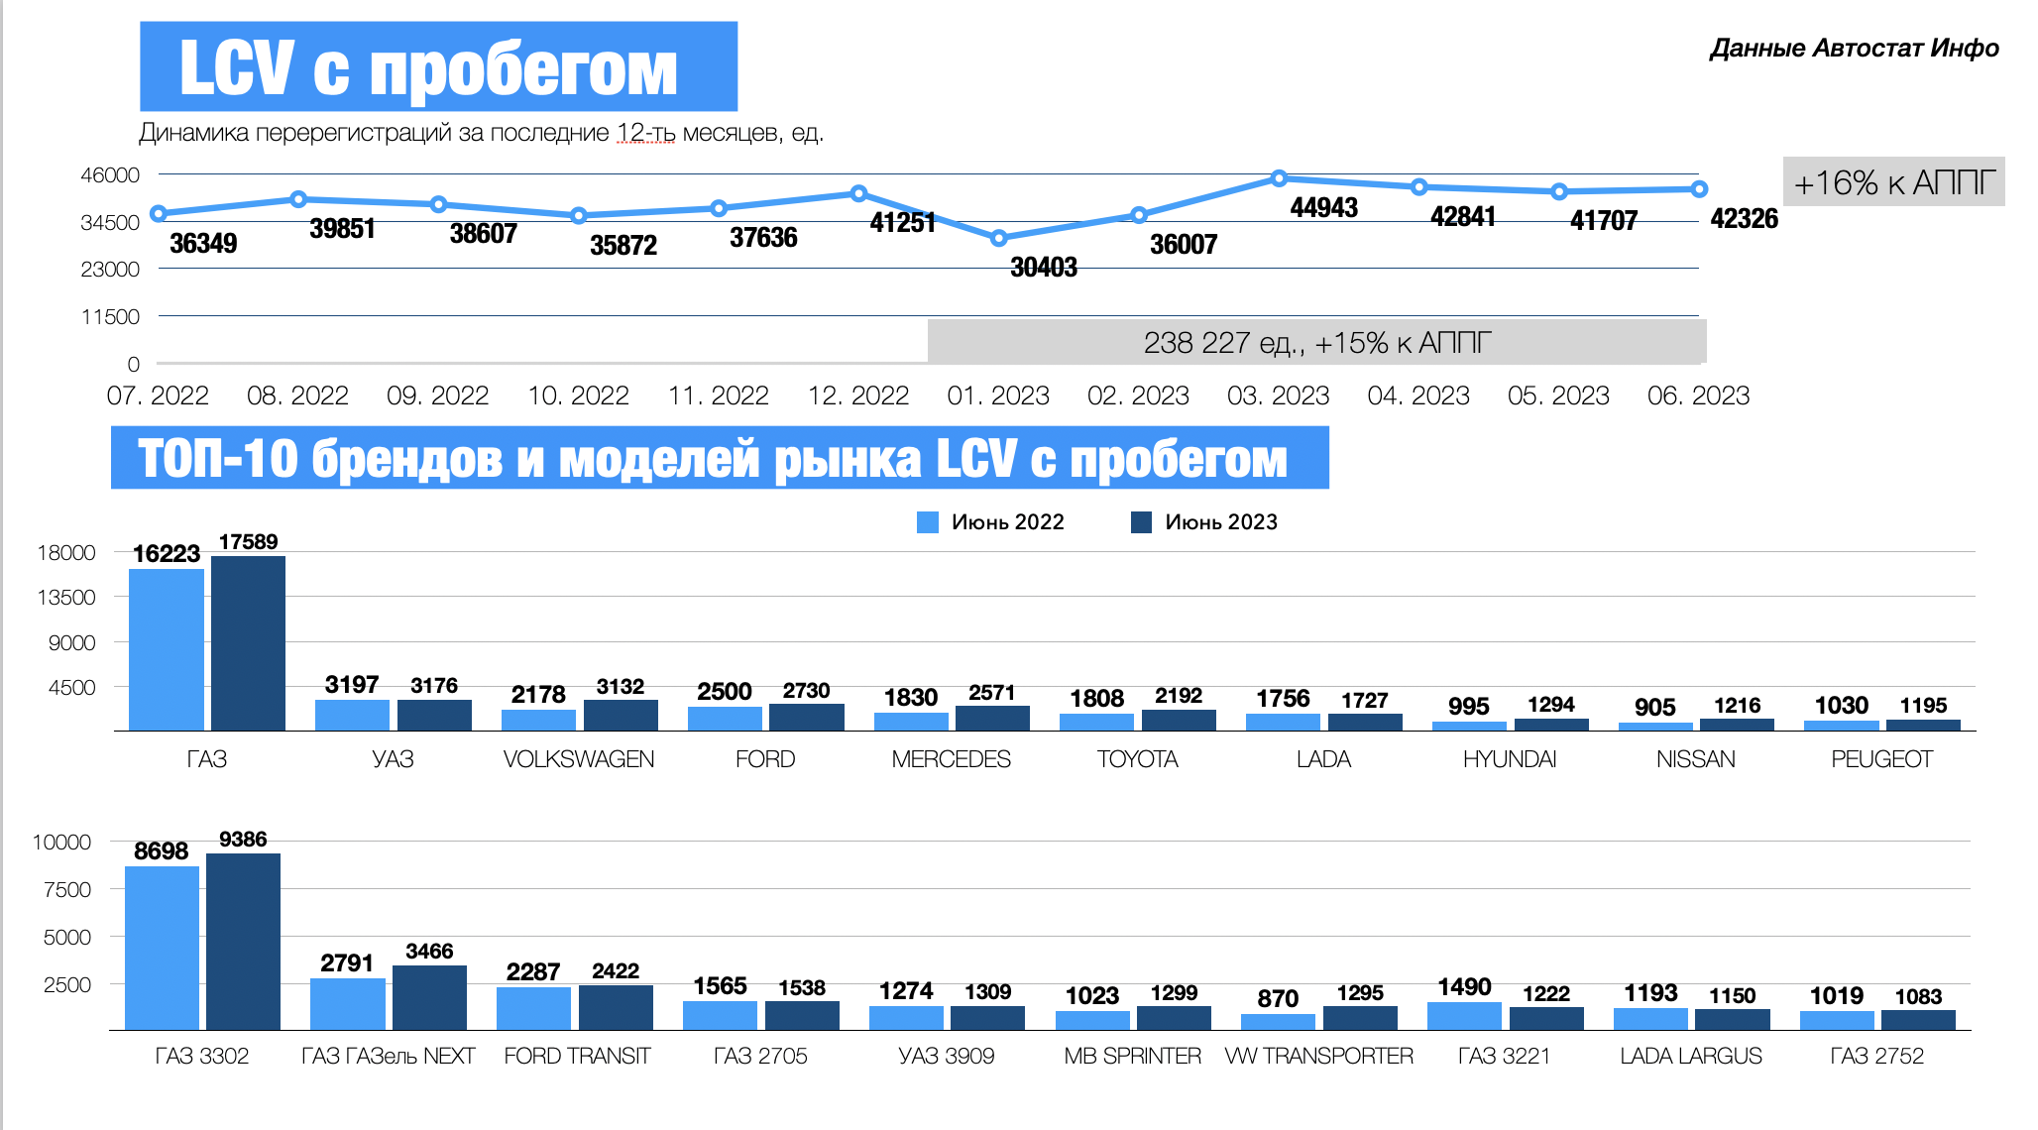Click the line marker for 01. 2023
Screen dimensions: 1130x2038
coord(998,238)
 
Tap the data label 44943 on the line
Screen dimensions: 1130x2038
coord(1323,208)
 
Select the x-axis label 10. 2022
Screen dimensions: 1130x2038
coord(578,395)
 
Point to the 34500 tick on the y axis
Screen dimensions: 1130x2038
coord(110,222)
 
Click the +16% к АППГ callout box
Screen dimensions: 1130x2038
coord(1893,182)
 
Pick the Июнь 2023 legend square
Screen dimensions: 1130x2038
coord(1141,522)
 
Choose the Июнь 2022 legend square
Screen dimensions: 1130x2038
coord(928,522)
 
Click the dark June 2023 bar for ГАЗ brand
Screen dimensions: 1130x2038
coord(248,643)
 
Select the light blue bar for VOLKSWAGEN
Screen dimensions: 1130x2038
coord(538,720)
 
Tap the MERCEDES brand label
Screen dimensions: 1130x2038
coord(951,759)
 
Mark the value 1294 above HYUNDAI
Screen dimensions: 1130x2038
coord(1551,705)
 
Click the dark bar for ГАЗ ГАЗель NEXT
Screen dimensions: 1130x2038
coord(429,997)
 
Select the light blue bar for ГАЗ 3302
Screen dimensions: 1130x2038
coord(162,948)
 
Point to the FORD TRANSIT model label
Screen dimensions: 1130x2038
coord(577,1057)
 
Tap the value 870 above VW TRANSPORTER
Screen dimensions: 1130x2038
coord(1278,999)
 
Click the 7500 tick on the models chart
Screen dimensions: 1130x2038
coord(67,889)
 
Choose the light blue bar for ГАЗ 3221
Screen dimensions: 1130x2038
coord(1464,1016)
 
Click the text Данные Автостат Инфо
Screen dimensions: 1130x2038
coord(1854,49)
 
